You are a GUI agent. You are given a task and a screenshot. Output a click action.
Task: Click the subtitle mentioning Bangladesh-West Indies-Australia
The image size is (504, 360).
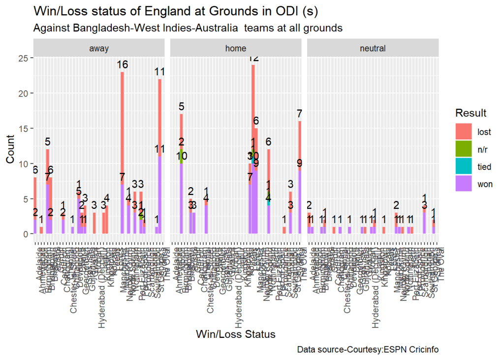coord(188,28)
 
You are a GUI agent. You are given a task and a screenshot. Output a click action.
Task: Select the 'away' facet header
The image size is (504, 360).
coord(99,48)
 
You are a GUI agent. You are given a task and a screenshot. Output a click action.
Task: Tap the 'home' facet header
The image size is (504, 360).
coord(236,48)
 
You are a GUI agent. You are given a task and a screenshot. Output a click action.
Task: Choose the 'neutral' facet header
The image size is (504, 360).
coord(373,48)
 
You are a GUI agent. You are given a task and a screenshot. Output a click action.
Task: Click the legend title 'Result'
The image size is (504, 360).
coord(471,113)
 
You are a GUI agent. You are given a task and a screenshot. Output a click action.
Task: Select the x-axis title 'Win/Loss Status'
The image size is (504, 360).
coord(235,334)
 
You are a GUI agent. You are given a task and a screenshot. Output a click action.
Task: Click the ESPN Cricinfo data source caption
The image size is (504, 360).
coord(368,350)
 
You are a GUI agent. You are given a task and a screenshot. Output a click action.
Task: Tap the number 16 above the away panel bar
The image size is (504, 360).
coord(122,65)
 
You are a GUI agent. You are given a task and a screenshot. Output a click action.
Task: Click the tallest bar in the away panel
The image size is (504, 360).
coord(122,148)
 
